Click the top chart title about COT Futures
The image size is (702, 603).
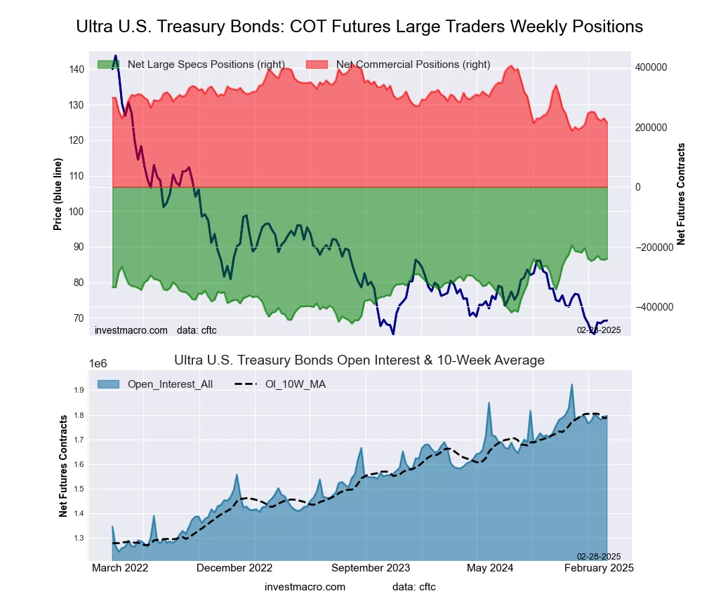pos(359,27)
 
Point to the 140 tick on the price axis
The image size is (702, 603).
pos(77,69)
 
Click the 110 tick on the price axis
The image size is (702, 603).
pos(77,176)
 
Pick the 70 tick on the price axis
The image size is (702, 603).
pos(79,318)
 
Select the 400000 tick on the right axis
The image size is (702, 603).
pos(650,67)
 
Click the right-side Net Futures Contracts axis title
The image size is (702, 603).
pos(681,194)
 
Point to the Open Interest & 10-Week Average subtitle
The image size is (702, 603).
pos(359,360)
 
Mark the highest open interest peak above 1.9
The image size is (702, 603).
pos(572,384)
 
